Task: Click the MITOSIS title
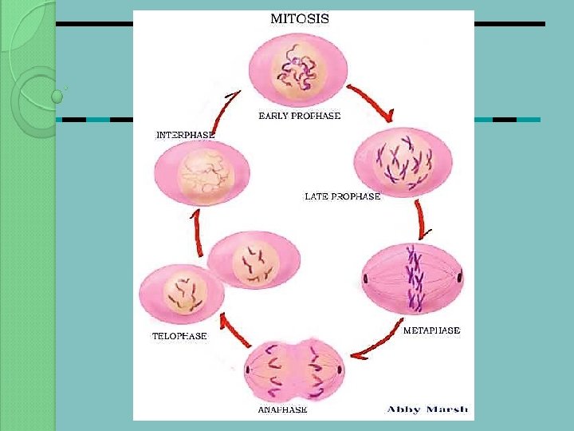[x=299, y=18]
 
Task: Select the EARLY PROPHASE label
[x=299, y=116]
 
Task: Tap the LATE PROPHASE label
[x=342, y=196]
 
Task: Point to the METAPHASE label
[x=431, y=330]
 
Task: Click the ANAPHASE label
[x=282, y=410]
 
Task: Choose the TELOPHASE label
[x=179, y=336]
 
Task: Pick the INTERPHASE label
[x=185, y=135]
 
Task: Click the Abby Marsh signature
[x=428, y=409]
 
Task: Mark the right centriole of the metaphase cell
[x=459, y=279]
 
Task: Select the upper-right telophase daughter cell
[x=254, y=261]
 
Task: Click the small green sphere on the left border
[x=57, y=97]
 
